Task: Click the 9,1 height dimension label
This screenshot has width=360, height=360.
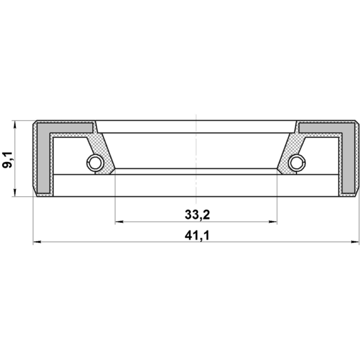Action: tap(7, 160)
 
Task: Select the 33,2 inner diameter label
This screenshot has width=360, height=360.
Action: tap(197, 215)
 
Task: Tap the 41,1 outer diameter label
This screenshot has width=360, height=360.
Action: tap(197, 235)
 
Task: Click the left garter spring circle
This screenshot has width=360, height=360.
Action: tap(95, 163)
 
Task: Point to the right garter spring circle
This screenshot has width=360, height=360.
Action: tap(297, 163)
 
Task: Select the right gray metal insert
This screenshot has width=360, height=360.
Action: tap(348, 158)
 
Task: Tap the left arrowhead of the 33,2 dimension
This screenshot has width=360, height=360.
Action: tap(119, 222)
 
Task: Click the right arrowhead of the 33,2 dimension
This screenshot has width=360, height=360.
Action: tap(273, 222)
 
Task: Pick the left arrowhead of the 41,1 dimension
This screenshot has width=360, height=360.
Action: tap(37, 242)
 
